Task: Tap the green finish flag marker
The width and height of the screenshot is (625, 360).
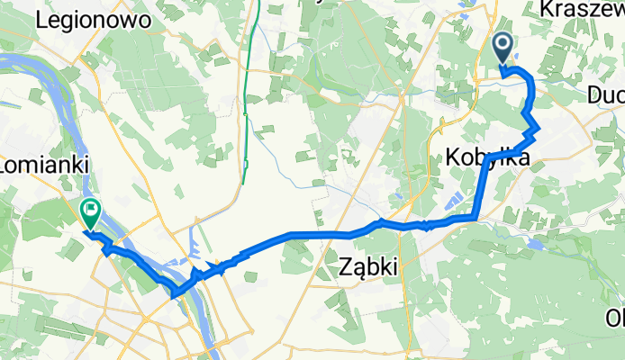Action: [90, 212]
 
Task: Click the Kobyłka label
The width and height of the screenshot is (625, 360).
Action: [486, 158]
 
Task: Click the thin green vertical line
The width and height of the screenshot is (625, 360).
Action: [245, 108]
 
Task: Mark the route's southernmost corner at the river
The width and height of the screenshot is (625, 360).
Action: [175, 292]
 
